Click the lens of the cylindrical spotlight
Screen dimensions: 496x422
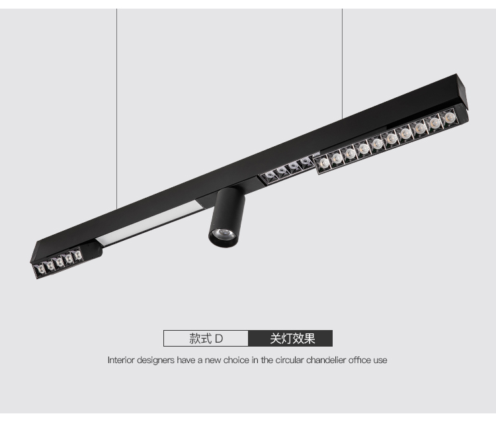tap(223, 235)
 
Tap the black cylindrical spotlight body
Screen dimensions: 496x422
tap(227, 217)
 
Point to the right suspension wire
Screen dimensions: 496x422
tap(342, 64)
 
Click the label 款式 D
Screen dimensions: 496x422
tap(206, 339)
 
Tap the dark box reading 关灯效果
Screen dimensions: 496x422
tap(290, 338)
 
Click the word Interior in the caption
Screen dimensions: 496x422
tap(121, 360)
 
